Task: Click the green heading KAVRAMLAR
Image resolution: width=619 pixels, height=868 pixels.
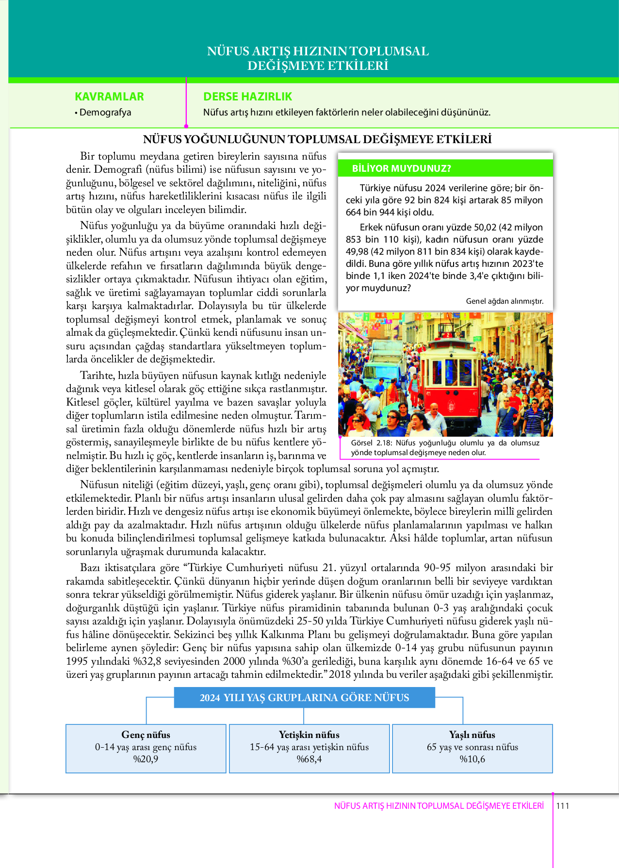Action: pyautogui.click(x=109, y=97)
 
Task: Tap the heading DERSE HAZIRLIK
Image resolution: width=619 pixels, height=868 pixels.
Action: pyautogui.click(x=247, y=97)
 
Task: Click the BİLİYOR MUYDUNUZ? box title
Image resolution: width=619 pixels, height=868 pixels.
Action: pyautogui.click(x=401, y=168)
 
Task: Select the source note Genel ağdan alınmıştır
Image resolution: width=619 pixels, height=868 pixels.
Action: pyautogui.click(x=505, y=301)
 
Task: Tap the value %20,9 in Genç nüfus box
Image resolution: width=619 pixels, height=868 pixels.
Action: pyautogui.click(x=146, y=759)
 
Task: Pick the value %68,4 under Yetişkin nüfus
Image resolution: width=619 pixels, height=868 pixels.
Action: pyautogui.click(x=309, y=759)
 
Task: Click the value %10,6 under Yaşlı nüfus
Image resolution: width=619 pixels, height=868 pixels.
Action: pyautogui.click(x=472, y=759)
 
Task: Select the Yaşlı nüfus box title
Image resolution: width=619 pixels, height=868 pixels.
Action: pyautogui.click(x=472, y=735)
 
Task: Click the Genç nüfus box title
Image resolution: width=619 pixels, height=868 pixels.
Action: pyautogui.click(x=146, y=735)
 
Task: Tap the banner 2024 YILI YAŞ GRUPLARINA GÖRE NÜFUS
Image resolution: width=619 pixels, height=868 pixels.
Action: pyautogui.click(x=304, y=698)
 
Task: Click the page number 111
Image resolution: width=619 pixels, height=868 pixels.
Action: pyautogui.click(x=563, y=806)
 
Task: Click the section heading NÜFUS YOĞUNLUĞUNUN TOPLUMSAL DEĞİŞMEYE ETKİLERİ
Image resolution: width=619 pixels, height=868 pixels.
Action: pyautogui.click(x=317, y=140)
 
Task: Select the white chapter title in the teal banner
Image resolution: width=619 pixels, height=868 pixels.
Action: pyautogui.click(x=318, y=58)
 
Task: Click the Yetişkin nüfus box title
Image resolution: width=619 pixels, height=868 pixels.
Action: pyautogui.click(x=309, y=735)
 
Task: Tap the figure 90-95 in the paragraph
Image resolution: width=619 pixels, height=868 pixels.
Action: pyautogui.click(x=438, y=568)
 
